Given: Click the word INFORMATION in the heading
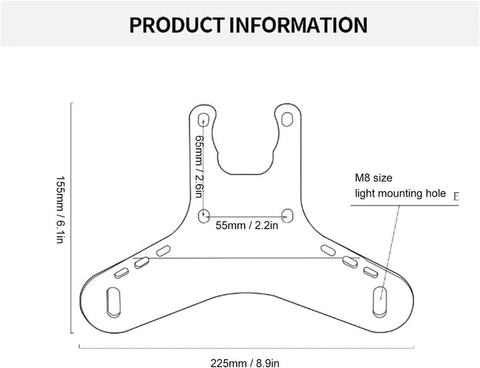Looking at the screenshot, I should click(298, 25).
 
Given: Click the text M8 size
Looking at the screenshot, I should click(374, 178).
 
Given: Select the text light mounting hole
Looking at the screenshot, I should click(400, 193).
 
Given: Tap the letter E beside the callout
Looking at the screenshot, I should click(457, 196).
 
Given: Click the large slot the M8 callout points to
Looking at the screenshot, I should click(379, 301).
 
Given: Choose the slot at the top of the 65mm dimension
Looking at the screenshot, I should click(205, 119).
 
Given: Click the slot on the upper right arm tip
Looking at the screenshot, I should click(287, 119).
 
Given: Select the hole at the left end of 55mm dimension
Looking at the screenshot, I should click(205, 215).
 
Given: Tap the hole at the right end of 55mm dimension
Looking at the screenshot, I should click(287, 215).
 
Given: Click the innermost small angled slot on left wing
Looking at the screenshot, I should click(163, 251).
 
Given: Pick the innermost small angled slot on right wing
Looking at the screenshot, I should click(329, 251).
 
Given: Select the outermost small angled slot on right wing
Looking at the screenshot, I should click(371, 271).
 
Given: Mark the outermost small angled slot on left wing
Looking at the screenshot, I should click(121, 273).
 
